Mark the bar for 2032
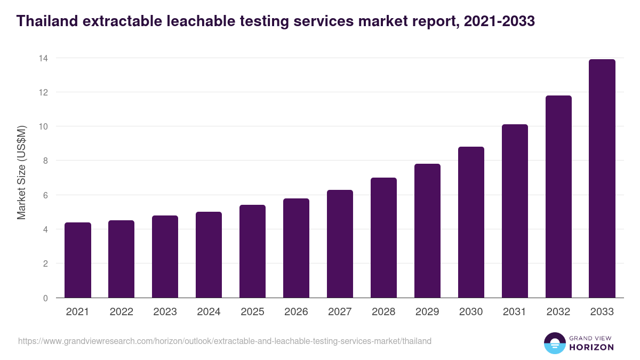[x=558, y=197]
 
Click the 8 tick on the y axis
[x=45, y=161]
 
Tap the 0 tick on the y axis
[x=45, y=298]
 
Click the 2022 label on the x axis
[x=122, y=312]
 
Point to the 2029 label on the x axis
[x=427, y=312]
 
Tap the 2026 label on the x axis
[x=296, y=312]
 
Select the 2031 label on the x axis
[x=515, y=312]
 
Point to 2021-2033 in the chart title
[x=499, y=21]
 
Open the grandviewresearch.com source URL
[x=225, y=341]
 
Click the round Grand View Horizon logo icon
[x=554, y=343]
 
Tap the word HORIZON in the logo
[x=591, y=347]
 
